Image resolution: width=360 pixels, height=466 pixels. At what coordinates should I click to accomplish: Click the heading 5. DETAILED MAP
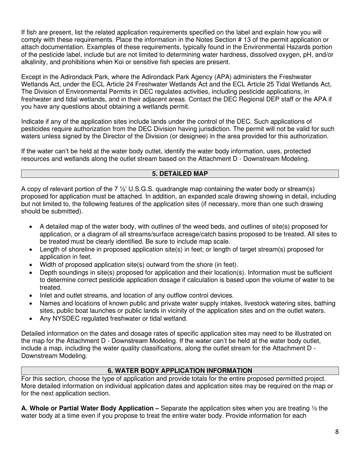pos(180,174)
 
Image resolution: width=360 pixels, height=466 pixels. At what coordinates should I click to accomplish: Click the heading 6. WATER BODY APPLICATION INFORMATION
pos(180,371)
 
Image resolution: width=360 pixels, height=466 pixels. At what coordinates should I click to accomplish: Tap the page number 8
pos(337,432)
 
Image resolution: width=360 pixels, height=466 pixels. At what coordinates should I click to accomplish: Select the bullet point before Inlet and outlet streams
pos(31,296)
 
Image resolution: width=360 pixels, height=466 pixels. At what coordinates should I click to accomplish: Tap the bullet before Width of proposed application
pos(31,265)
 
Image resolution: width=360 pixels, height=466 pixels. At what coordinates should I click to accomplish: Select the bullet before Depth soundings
pos(31,272)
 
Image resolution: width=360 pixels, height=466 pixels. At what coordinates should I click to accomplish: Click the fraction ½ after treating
pos(315,408)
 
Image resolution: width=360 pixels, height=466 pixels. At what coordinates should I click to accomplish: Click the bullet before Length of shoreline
pos(31,249)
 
